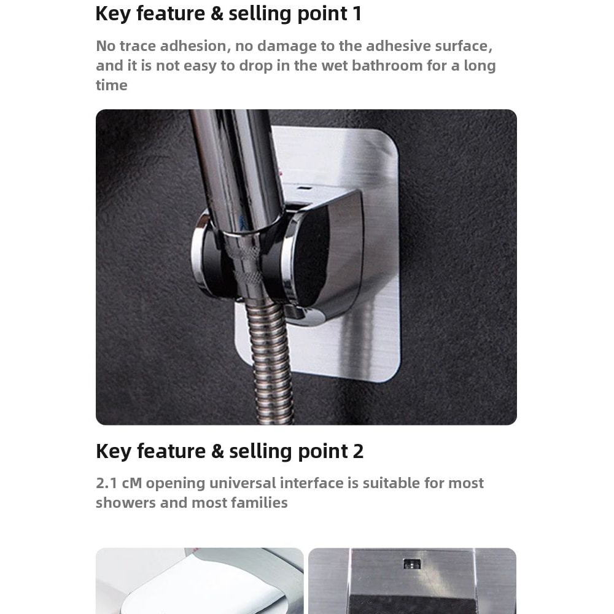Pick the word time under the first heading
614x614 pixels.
[x=111, y=85]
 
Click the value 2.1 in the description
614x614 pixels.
[x=107, y=483]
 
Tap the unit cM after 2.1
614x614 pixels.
[x=132, y=483]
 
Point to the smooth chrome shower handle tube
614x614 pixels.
[x=233, y=166]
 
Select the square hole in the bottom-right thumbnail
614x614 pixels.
[x=411, y=564]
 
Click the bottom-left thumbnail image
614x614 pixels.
[x=200, y=580]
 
